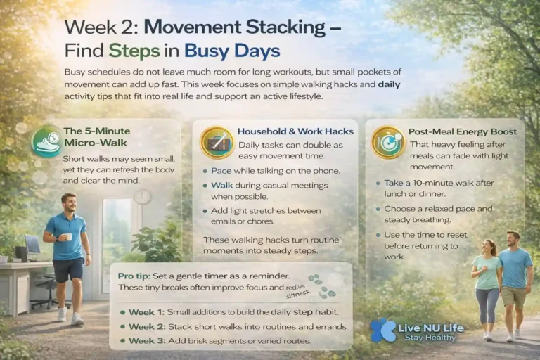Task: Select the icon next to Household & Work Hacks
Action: (217, 142)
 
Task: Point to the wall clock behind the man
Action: (142, 197)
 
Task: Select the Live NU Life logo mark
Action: (385, 329)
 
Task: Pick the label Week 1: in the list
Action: (146, 311)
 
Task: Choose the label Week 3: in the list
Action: (146, 340)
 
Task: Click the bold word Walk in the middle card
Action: (222, 186)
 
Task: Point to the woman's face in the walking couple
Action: (489, 247)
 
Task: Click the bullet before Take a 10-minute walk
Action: (378, 182)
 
